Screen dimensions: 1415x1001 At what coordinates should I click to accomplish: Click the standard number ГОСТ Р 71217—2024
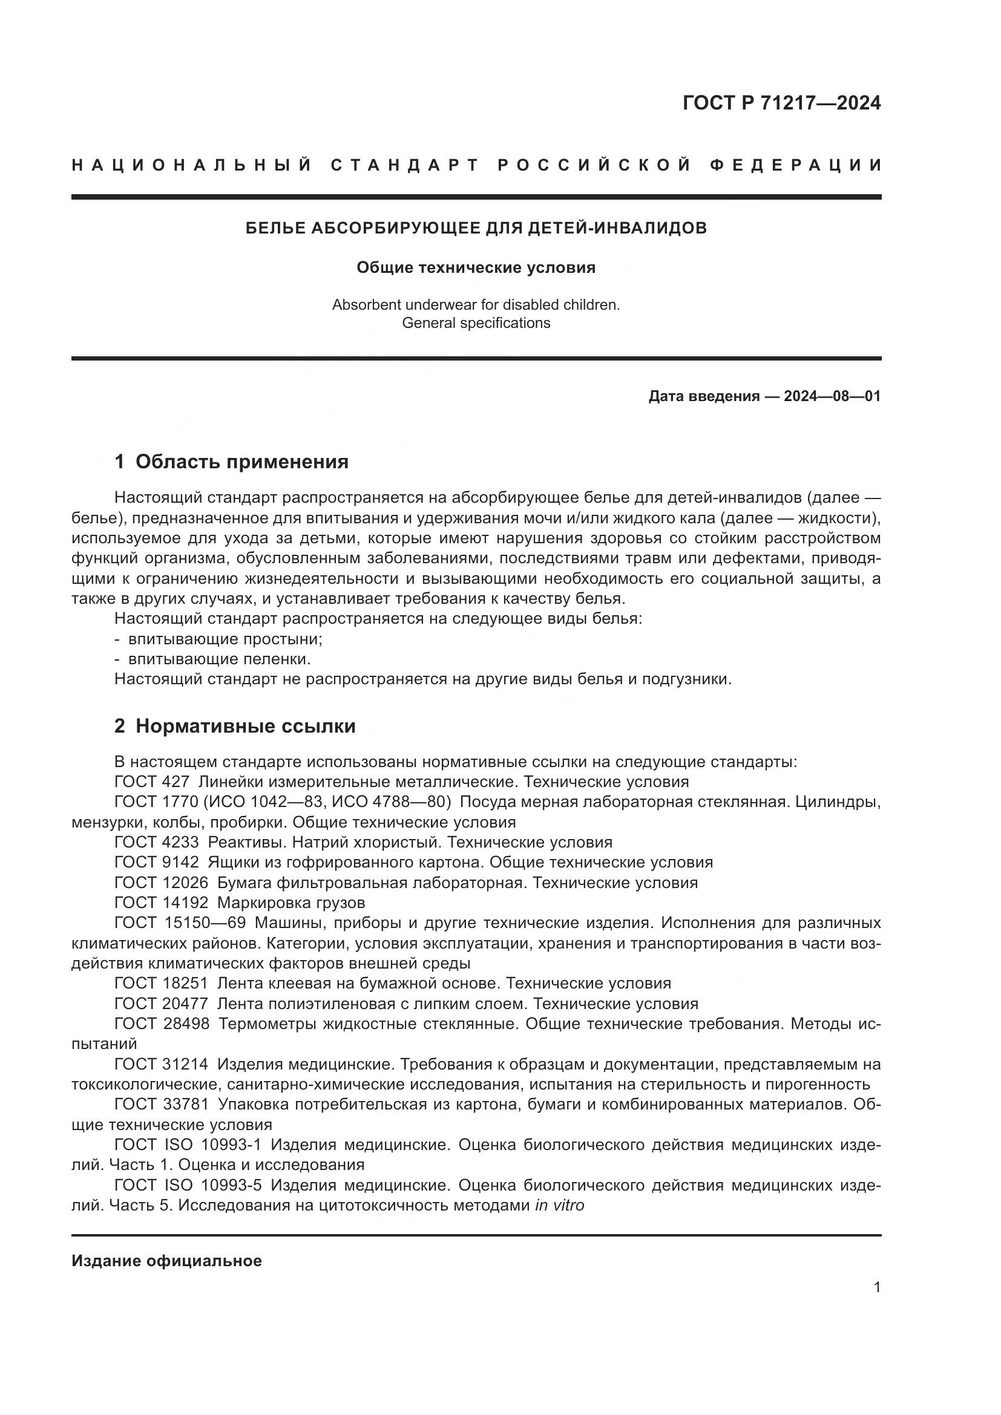(781, 103)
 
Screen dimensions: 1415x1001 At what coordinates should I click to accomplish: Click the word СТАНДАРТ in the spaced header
(405, 165)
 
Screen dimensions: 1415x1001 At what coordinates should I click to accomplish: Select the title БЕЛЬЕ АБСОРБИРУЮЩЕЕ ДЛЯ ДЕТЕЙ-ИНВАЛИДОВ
(476, 228)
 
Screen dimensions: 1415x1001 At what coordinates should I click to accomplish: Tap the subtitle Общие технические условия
(476, 267)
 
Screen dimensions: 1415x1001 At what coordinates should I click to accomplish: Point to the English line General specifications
(476, 323)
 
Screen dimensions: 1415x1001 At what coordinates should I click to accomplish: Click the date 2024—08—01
(832, 396)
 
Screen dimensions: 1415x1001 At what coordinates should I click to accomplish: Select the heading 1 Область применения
(231, 462)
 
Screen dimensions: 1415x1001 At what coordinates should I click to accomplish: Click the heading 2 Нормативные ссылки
(235, 726)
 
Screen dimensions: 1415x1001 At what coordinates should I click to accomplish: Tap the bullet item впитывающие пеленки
(219, 659)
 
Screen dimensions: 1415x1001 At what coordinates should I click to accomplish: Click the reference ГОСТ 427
(152, 782)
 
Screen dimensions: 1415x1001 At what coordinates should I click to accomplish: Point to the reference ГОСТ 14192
(162, 902)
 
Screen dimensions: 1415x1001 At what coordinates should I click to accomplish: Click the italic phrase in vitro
(559, 1205)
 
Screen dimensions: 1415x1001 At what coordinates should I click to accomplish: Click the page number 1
(877, 1287)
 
